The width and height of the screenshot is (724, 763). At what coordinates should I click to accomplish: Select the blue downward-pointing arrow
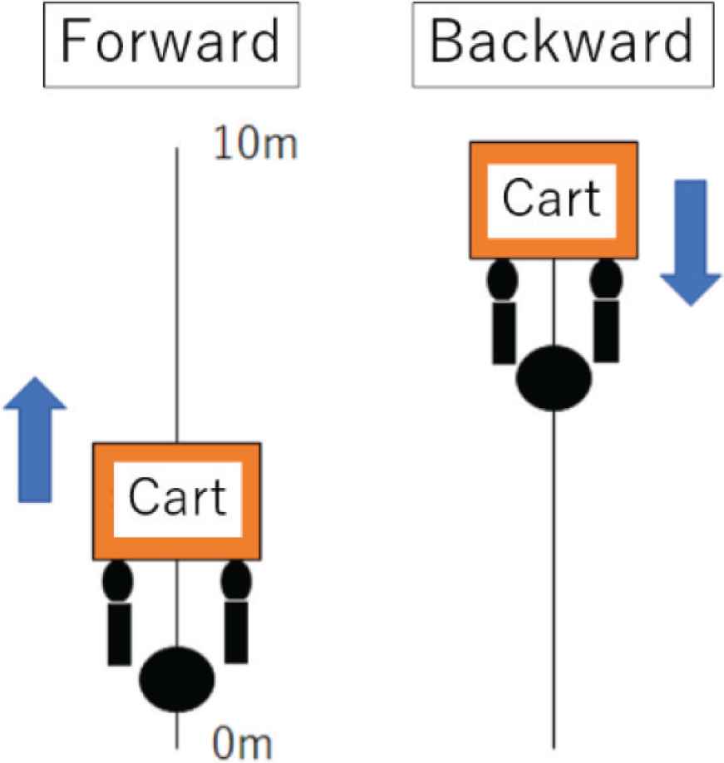tap(691, 241)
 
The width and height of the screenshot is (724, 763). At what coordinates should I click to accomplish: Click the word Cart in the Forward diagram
tap(178, 498)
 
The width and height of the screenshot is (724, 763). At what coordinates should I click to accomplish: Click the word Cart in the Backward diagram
tap(552, 199)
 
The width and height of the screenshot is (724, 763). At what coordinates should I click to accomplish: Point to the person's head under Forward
tap(177, 678)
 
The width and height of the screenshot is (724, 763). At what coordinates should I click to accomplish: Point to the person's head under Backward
tap(554, 378)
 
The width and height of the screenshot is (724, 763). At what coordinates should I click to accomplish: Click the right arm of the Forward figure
tap(236, 632)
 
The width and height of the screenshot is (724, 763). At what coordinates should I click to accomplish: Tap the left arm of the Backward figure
tap(504, 332)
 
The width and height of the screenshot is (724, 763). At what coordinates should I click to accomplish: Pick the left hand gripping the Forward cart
tap(118, 581)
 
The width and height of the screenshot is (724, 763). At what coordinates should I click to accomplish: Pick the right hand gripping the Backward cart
tap(606, 280)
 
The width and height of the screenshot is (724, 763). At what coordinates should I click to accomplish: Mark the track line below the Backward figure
tap(554, 582)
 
